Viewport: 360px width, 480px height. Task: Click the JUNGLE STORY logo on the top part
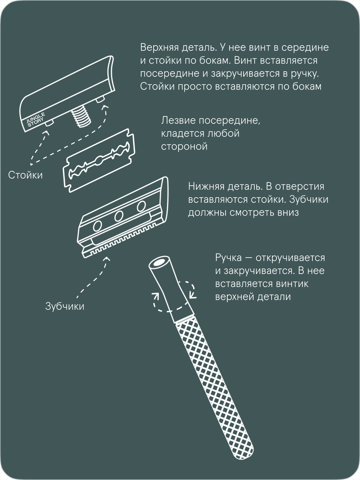(x=36, y=119)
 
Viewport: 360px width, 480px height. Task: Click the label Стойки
(x=25, y=175)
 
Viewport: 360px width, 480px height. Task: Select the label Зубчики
(x=65, y=306)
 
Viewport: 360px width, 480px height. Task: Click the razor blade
(x=99, y=160)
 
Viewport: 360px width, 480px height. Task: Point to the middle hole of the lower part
(x=119, y=216)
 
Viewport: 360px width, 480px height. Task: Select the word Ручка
(x=228, y=258)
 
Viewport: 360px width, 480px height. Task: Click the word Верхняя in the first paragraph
(x=160, y=48)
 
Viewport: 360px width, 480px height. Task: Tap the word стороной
(x=184, y=147)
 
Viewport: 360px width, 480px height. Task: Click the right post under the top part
(x=100, y=100)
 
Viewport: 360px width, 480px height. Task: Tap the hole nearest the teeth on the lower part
(x=98, y=226)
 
